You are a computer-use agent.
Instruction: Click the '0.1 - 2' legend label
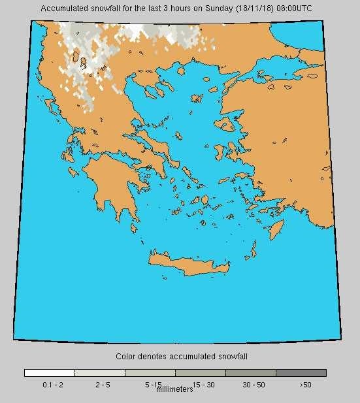[x=53, y=385]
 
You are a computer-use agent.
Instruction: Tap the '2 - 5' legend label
[x=103, y=385]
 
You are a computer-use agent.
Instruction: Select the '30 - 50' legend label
[x=254, y=385]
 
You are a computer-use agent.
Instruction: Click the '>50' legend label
[x=305, y=385]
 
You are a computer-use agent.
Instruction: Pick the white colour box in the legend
[x=50, y=373]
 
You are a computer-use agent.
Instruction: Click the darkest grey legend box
[x=301, y=373]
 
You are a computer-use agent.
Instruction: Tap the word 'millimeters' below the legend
[x=175, y=390]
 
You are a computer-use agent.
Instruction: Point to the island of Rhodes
[x=277, y=229]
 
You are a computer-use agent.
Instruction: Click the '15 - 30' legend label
[x=203, y=385]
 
